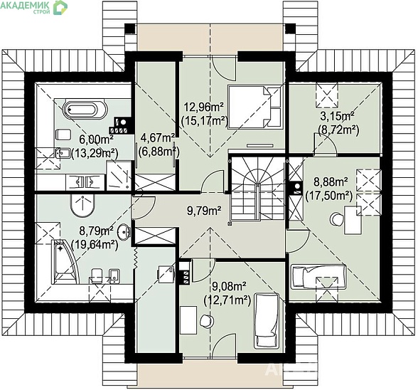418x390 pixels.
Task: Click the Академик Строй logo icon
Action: tap(60, 8)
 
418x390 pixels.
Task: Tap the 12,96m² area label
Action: tap(204, 107)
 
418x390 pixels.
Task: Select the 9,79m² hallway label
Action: tap(204, 211)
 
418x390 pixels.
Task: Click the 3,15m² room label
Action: tap(337, 117)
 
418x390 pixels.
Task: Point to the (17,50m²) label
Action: tap(328, 196)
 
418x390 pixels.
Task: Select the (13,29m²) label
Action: tap(95, 153)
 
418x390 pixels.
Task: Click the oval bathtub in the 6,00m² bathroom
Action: tap(85, 109)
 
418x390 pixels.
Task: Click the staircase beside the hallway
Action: tap(257, 188)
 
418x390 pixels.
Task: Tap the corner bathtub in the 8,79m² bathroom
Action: tap(66, 262)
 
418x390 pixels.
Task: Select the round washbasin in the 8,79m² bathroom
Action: tap(124, 231)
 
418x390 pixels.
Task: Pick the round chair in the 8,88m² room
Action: tap(337, 219)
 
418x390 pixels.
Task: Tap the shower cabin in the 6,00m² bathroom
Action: tap(119, 175)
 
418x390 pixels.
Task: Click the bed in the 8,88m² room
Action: tap(318, 277)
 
